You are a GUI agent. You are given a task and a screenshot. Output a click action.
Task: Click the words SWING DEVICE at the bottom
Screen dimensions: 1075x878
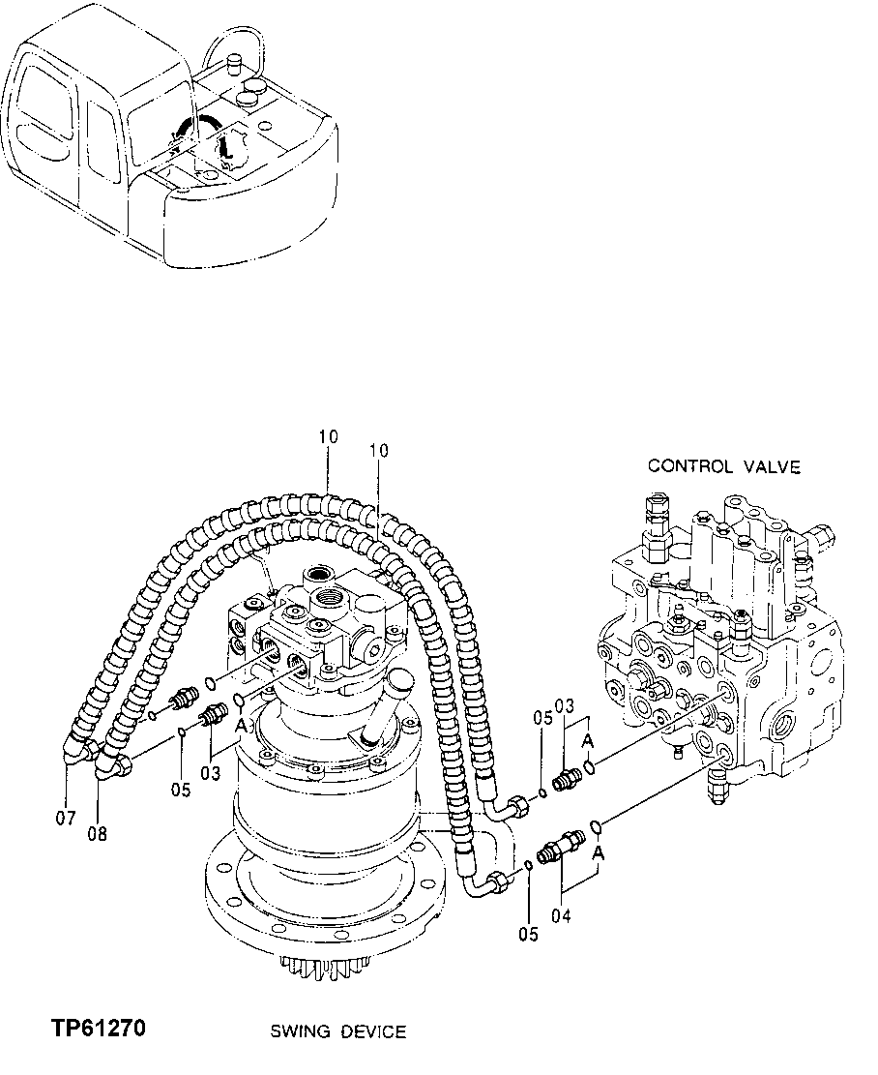(x=338, y=1032)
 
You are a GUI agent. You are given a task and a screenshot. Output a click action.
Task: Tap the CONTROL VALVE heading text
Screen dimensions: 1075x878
(x=724, y=466)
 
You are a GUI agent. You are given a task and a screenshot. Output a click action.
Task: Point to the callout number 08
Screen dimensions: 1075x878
(x=98, y=829)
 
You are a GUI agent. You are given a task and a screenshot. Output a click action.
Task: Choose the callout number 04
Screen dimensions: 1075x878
(x=561, y=913)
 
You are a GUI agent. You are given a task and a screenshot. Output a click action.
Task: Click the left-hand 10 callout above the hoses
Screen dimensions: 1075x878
(x=328, y=437)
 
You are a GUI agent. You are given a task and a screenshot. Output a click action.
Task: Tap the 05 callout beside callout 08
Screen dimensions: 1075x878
(x=181, y=790)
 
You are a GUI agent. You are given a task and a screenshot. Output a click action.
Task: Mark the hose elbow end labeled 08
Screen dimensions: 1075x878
(x=113, y=767)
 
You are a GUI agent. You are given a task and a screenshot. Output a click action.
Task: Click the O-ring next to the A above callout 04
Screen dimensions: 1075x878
(x=597, y=827)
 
